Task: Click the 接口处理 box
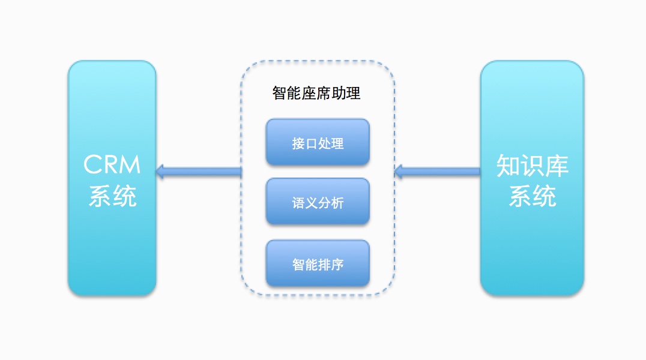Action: point(318,142)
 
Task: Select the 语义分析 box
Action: point(318,202)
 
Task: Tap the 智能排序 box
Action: point(318,263)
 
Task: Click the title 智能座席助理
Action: point(316,94)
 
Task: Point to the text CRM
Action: point(112,164)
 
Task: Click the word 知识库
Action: point(532,166)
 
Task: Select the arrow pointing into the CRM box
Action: point(198,172)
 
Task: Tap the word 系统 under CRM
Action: point(112,196)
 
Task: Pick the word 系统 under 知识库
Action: point(532,196)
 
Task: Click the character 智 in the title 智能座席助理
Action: point(280,94)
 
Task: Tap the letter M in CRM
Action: point(130,164)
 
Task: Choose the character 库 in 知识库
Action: point(557,166)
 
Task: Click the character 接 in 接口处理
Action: point(298,144)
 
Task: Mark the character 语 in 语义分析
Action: point(298,203)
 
